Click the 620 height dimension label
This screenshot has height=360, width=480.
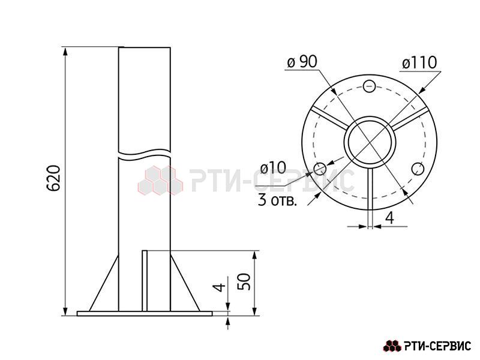pyautogui.click(x=53, y=178)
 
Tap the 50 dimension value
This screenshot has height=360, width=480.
pyautogui.click(x=244, y=281)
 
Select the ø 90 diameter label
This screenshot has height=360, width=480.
pyautogui.click(x=302, y=62)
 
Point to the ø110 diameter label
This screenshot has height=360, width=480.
pyautogui.click(x=419, y=63)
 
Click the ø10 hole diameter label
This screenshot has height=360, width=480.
pyautogui.click(x=274, y=168)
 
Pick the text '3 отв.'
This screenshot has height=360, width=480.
pyautogui.click(x=278, y=201)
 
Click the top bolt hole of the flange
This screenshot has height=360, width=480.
pyautogui.click(x=369, y=86)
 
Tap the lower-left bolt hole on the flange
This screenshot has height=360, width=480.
pyautogui.click(x=320, y=169)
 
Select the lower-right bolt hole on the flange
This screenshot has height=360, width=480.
pyautogui.click(x=418, y=169)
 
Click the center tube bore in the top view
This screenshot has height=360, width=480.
pyautogui.click(x=370, y=142)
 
